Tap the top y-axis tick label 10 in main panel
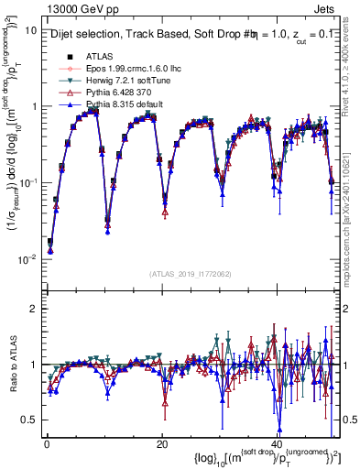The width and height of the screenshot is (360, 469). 30,29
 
